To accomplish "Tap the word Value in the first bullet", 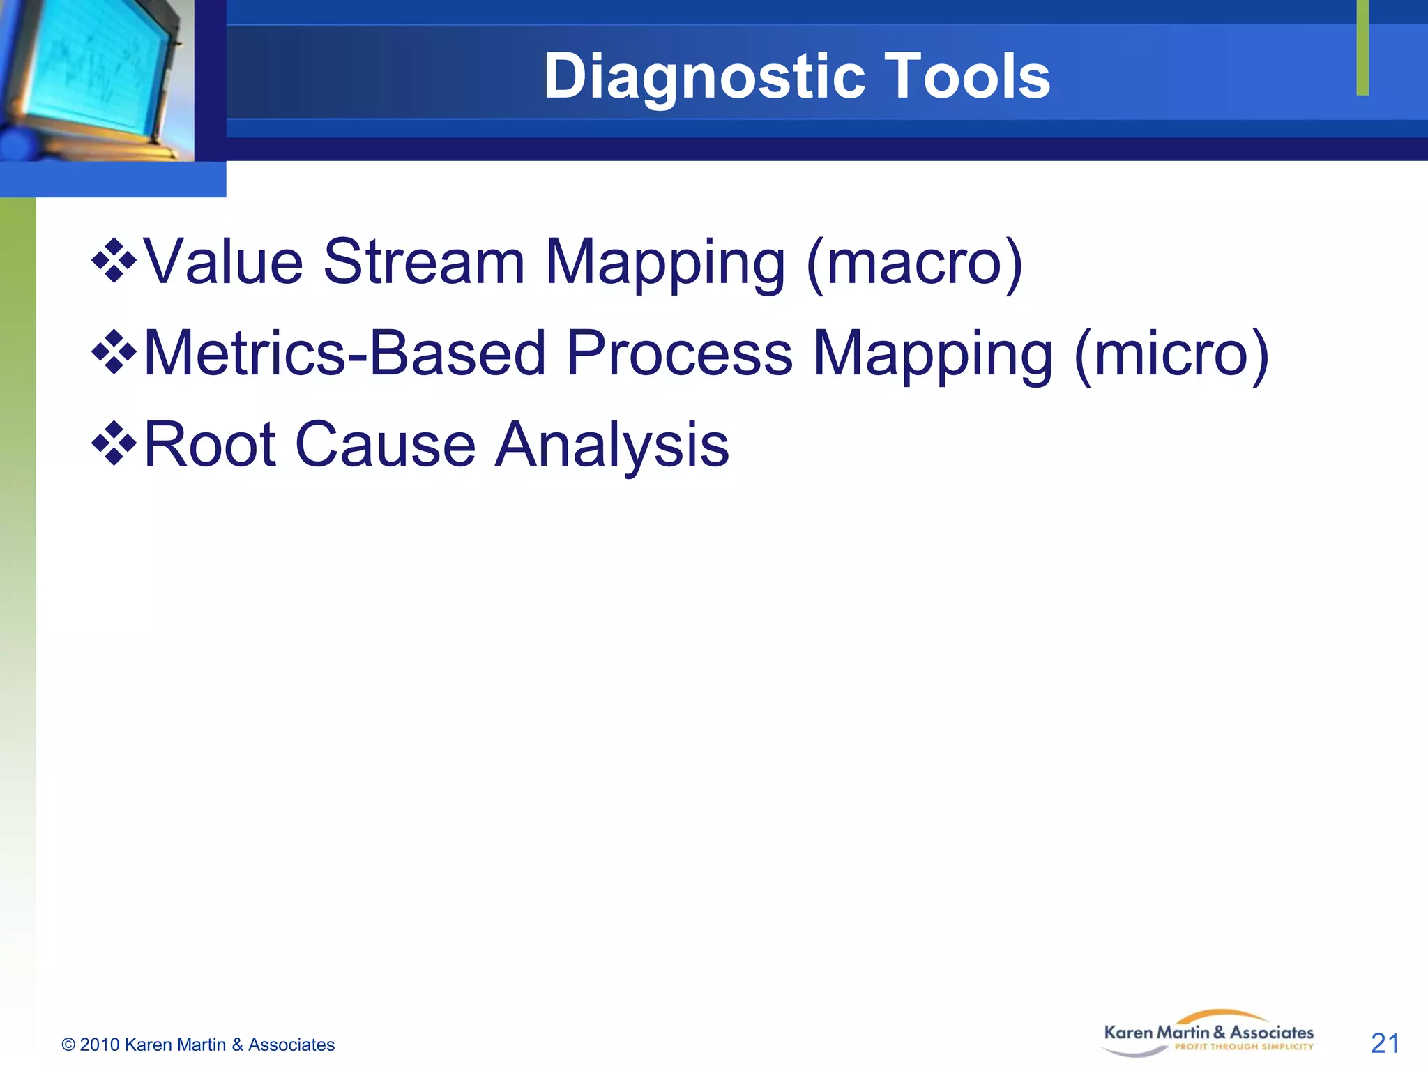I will (x=224, y=262).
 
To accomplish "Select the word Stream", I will (x=424, y=262).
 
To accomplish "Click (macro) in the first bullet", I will (x=914, y=264).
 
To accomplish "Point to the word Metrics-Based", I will (x=345, y=354).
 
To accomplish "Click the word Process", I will (x=679, y=354).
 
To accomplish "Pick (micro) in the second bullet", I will (x=1171, y=355).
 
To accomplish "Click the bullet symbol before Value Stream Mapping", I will (x=114, y=261).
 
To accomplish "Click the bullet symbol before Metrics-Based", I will (x=114, y=353).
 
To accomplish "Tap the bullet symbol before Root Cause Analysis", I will (x=114, y=444).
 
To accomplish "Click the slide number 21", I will (x=1385, y=1043).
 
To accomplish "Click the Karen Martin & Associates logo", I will (x=1208, y=1034).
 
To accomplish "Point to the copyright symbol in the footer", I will (x=68, y=1045).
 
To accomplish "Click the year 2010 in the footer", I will (x=100, y=1045).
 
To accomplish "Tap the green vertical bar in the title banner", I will (x=1362, y=47).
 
